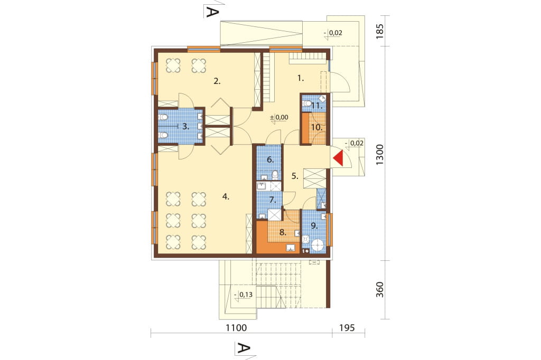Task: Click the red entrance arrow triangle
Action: [x=340, y=158]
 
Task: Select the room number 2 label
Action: [x=217, y=81]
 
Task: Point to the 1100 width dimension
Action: [x=236, y=327]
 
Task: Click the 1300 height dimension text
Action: [x=379, y=155]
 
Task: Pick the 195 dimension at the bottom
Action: [x=347, y=327]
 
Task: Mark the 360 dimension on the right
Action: [x=379, y=290]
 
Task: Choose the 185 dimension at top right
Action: [x=379, y=31]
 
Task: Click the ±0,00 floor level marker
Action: [x=279, y=117]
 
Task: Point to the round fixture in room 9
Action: [x=318, y=245]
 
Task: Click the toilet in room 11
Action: [x=306, y=103]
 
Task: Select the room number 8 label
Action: [x=283, y=232]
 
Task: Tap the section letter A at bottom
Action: [x=243, y=348]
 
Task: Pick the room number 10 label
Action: [x=316, y=127]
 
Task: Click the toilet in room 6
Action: [x=275, y=175]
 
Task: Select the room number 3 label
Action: [x=185, y=126]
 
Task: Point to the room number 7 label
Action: [x=272, y=200]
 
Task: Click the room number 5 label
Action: [x=295, y=176]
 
